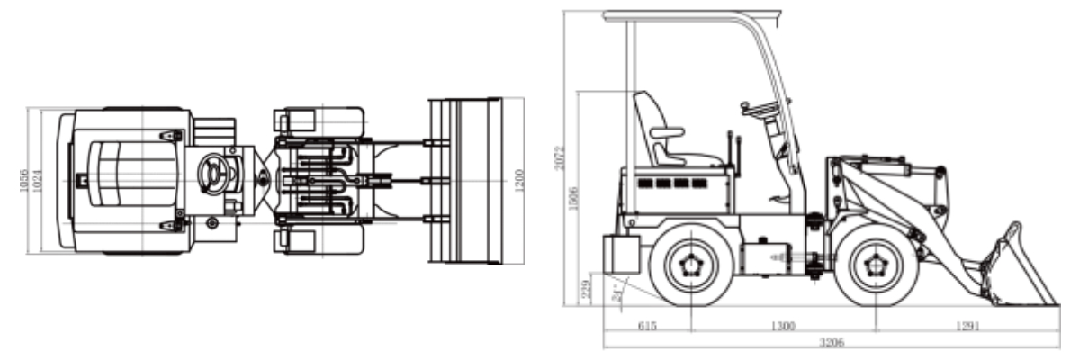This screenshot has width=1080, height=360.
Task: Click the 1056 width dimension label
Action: (24, 181)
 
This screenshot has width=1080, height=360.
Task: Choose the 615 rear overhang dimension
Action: (645, 326)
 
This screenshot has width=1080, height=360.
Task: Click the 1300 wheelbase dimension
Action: (782, 326)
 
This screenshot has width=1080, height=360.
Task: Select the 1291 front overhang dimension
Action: (967, 326)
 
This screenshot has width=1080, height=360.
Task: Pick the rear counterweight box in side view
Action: (620, 254)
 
